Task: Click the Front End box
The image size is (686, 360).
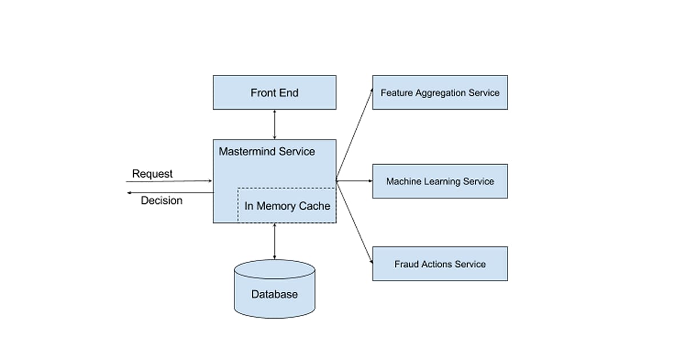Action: tap(274, 93)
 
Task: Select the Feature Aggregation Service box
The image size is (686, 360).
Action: tap(440, 93)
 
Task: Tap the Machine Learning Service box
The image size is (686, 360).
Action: tap(440, 181)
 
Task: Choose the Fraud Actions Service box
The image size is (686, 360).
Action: tap(440, 264)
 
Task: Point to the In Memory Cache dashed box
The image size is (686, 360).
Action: tap(287, 206)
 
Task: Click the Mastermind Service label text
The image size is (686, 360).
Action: tap(266, 151)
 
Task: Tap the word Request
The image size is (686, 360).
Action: tap(152, 174)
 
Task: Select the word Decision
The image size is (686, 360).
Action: tap(161, 201)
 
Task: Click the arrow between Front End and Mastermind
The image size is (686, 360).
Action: tap(274, 124)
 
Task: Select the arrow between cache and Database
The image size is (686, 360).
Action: tap(274, 241)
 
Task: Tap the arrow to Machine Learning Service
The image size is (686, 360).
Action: tap(354, 181)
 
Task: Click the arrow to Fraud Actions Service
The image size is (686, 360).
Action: tap(354, 222)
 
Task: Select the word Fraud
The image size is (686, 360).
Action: tap(406, 264)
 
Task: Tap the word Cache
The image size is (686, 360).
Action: tap(314, 206)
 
